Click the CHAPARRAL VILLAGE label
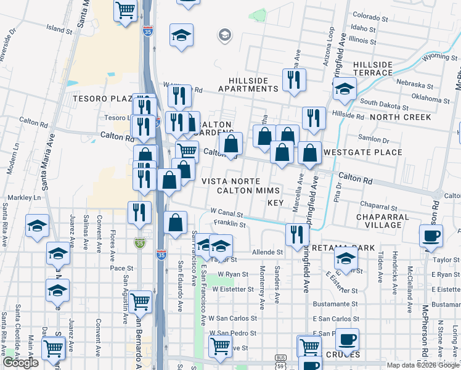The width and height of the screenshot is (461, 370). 382,221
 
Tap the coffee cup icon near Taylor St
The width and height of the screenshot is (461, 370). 431,235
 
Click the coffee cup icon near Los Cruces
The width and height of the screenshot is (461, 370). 347,339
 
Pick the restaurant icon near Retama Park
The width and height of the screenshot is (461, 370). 297,234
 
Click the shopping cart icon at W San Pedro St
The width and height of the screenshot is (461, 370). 219,346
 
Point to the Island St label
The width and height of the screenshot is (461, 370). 59,29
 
